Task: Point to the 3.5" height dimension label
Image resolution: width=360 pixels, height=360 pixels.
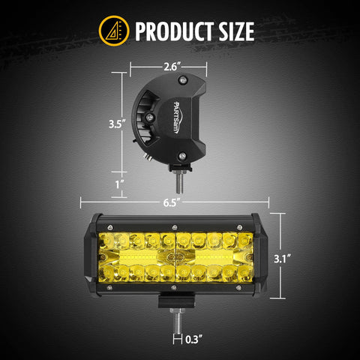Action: (115, 123)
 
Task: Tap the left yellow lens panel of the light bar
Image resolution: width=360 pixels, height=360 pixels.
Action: (136, 259)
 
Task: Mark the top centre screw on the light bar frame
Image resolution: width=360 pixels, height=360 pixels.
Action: (174, 226)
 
